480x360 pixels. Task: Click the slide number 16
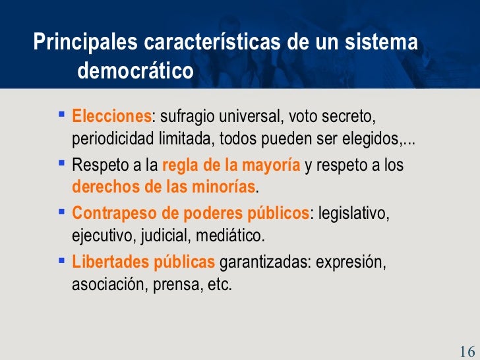point(467,349)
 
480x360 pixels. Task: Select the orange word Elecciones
point(111,118)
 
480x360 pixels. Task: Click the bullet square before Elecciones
point(61,116)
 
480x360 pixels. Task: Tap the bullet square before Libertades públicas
point(61,260)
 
